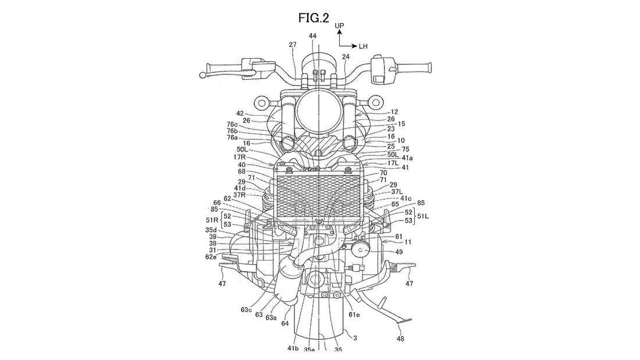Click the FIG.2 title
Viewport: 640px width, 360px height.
314,18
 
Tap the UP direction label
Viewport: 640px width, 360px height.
339,26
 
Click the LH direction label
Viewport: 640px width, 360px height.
363,47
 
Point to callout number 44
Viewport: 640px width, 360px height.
312,36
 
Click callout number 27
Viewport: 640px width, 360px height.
293,45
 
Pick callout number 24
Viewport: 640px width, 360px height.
346,57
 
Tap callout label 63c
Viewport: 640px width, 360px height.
246,309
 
